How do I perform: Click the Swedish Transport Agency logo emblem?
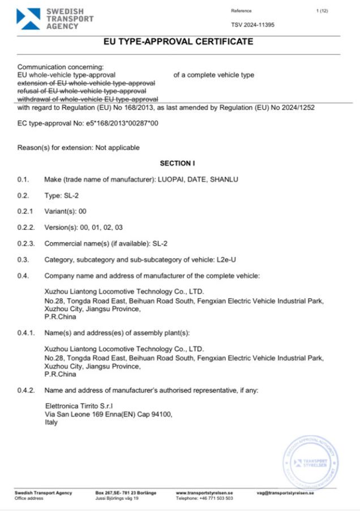point(28,19)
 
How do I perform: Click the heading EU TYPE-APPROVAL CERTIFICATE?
point(179,42)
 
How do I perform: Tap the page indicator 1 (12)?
point(322,11)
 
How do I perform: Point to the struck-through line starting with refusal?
point(82,91)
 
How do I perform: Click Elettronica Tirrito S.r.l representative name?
point(79,406)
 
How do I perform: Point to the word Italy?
point(51,422)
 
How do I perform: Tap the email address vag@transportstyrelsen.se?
point(285,493)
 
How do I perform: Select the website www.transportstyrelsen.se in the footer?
point(204,493)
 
